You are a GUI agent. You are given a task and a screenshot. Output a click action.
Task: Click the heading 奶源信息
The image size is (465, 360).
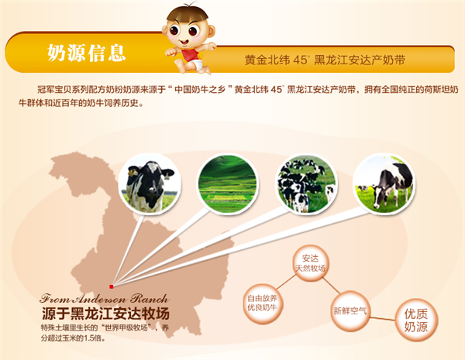86,53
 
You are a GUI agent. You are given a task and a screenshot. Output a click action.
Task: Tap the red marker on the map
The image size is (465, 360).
111,286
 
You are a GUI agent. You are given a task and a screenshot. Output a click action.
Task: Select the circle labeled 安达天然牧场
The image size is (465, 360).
310,263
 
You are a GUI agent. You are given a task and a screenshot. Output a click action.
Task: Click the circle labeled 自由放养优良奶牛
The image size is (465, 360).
262,303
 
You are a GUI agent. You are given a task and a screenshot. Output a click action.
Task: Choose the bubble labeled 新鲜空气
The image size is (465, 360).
350,310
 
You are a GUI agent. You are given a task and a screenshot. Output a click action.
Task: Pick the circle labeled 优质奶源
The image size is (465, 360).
415,320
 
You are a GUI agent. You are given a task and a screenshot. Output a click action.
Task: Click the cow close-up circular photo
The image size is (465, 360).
150,184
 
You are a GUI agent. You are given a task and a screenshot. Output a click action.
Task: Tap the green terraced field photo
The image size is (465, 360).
227,184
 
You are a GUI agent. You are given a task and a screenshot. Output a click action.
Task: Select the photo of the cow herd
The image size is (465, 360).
306,184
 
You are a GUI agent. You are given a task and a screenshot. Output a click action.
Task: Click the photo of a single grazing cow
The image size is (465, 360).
384,184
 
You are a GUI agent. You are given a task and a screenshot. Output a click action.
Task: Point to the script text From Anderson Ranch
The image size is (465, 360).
105,298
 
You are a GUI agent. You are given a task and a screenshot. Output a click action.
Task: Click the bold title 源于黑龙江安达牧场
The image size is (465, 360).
105,314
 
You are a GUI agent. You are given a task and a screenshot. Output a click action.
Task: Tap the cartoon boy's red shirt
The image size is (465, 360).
190,55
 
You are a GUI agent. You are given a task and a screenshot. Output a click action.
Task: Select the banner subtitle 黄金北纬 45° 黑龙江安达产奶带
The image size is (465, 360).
325,60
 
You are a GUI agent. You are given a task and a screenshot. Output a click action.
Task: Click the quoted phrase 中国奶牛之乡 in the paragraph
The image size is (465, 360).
200,89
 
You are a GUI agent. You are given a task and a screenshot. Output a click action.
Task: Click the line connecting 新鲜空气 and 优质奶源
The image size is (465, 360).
383,318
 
